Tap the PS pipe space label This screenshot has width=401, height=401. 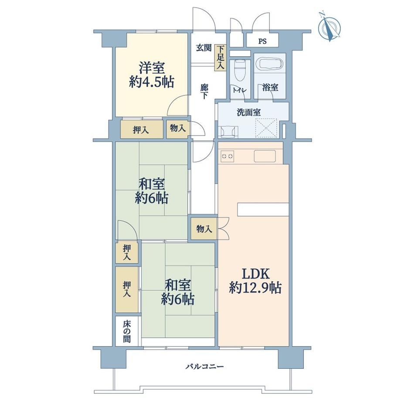click(x=262, y=41)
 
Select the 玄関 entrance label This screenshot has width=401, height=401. click(x=204, y=48)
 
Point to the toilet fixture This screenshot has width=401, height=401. click(x=240, y=69)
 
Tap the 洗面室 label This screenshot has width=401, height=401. click(x=248, y=112)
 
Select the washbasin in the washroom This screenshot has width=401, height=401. click(x=228, y=132)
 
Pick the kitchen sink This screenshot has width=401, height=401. click(x=265, y=156)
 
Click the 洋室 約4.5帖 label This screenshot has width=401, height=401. click(x=152, y=75)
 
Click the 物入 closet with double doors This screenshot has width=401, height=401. click(x=204, y=229)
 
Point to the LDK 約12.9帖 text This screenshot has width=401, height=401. click(x=255, y=281)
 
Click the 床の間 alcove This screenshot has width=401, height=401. click(x=127, y=331)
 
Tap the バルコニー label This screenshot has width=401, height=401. click(x=204, y=367)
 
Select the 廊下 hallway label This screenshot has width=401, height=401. click(x=204, y=91)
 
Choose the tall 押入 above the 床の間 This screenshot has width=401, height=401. click(x=127, y=289)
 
